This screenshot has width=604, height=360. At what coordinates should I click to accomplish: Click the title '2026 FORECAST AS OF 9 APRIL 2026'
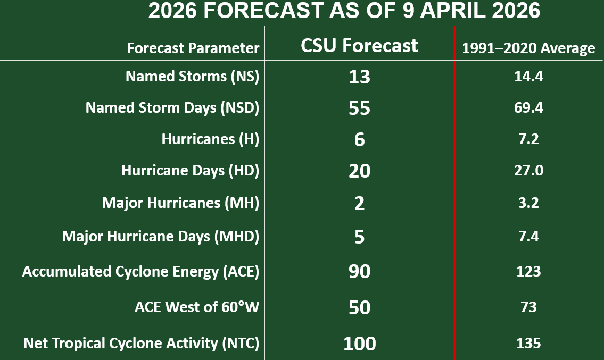tap(344, 12)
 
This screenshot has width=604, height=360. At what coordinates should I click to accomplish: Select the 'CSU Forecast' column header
tap(359, 46)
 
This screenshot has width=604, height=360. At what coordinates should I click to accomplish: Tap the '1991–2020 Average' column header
tap(528, 48)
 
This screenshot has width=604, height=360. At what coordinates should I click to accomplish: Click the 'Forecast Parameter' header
tap(193, 48)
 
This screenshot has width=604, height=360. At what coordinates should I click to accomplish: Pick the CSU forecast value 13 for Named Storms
tap(359, 77)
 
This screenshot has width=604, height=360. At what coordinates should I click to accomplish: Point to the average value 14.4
tap(528, 77)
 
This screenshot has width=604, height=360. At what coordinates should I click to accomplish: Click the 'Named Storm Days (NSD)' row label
tap(172, 108)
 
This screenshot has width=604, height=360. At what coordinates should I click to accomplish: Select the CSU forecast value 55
tap(359, 108)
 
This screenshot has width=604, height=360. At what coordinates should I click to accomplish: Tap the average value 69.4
tap(528, 108)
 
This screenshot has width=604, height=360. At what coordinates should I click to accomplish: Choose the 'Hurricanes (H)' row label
tap(210, 139)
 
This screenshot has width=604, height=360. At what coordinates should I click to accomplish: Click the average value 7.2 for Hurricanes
tap(528, 139)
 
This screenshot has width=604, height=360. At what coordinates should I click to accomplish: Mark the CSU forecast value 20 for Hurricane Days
tap(359, 171)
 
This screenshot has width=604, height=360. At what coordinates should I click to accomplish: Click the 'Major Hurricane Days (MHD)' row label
tap(161, 236)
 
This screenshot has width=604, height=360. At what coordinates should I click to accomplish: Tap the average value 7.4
tap(528, 236)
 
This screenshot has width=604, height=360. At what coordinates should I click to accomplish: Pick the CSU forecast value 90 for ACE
tap(359, 272)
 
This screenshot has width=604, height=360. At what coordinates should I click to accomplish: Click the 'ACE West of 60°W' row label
tap(196, 307)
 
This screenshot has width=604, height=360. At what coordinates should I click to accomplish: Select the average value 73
tap(528, 307)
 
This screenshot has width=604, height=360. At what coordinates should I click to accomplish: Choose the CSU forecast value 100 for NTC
tap(359, 344)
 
